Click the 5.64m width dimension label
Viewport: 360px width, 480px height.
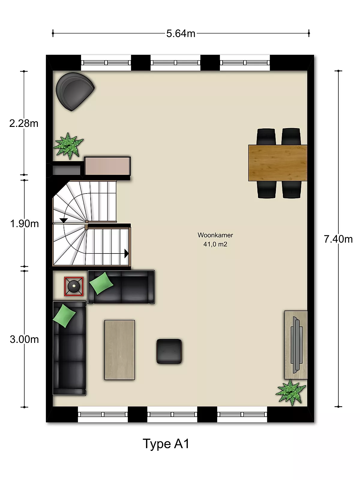(181, 34)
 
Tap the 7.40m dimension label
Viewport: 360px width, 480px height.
(338, 239)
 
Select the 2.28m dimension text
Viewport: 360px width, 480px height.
(24, 124)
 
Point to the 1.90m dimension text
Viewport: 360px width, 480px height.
(25, 224)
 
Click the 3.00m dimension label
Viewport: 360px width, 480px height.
(24, 339)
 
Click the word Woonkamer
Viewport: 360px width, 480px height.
(215, 235)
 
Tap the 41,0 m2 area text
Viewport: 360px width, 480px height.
(215, 244)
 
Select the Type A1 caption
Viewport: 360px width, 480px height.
(166, 444)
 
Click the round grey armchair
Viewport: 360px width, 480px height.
(75, 91)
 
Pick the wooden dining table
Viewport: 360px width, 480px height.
(277, 163)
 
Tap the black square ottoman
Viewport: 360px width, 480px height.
(169, 351)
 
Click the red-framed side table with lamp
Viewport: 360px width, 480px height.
(74, 286)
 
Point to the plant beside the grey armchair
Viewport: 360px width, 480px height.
(69, 146)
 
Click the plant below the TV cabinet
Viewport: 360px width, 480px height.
(290, 392)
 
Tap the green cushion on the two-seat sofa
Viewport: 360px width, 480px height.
(101, 283)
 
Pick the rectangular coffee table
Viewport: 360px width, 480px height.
(120, 350)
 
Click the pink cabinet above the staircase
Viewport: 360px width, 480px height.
(107, 166)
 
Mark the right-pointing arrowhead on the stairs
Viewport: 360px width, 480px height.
(126, 254)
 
